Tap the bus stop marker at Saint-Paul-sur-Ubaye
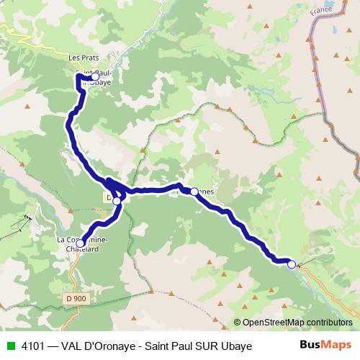[x=94, y=76]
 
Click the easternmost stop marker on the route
[x=292, y=264]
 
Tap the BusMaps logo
[x=325, y=346]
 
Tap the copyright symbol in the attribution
[x=237, y=323]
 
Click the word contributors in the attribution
[x=328, y=323]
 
